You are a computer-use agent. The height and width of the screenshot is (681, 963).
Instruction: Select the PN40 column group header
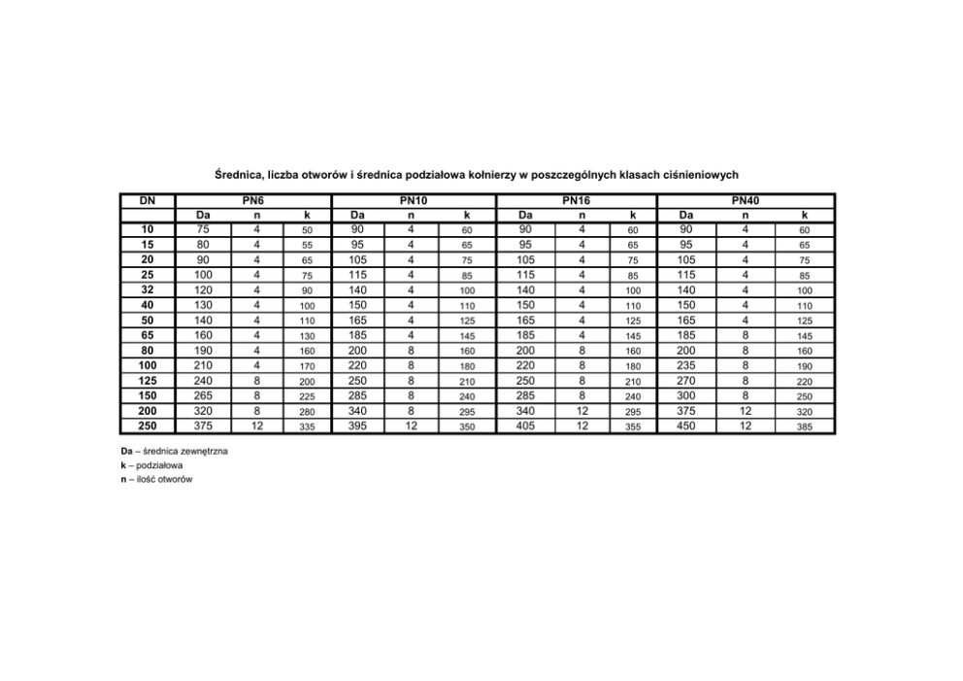point(746,200)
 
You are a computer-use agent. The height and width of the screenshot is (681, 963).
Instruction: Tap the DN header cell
point(148,200)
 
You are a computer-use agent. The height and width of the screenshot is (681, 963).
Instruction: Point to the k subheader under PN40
point(804,215)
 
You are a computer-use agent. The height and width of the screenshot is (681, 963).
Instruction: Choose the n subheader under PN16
point(581,215)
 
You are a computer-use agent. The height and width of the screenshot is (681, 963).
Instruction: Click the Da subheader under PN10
point(358,215)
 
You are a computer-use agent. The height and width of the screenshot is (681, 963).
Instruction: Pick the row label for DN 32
point(149,289)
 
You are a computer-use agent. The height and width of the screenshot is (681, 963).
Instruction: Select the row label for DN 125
point(149,381)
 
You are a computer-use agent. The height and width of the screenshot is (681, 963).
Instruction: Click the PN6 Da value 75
point(203,229)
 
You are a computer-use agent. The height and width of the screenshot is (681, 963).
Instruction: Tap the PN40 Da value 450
point(686,426)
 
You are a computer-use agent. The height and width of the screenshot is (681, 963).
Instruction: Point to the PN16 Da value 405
point(525,426)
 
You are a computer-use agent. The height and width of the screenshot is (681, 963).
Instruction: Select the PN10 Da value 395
point(358,426)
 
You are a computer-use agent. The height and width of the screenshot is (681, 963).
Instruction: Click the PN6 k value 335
point(307,426)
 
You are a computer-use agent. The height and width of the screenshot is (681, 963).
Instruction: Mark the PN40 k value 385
point(804,426)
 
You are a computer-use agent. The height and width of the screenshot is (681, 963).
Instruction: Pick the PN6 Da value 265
point(203,395)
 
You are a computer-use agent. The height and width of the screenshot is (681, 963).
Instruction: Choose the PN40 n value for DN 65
point(745,335)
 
